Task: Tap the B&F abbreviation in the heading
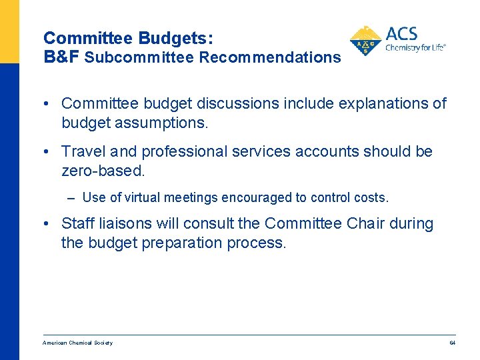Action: pos(62,57)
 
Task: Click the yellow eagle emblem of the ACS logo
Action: pos(365,41)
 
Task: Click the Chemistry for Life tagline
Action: pos(415,48)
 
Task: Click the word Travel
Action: pos(82,151)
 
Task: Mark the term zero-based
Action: pos(102,171)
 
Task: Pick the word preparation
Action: pos(181,243)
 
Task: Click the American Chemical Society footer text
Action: pos(77,343)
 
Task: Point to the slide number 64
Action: pos(452,343)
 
